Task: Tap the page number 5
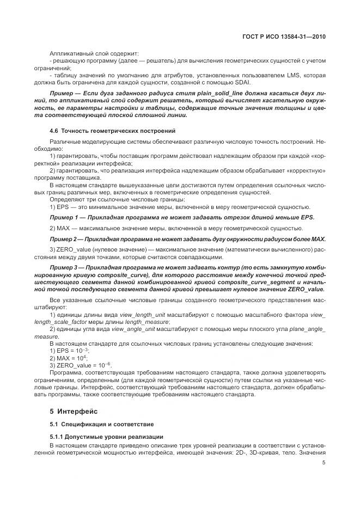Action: (x=324, y=464)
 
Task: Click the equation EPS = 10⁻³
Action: (x=73, y=351)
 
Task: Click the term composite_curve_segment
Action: (x=240, y=283)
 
